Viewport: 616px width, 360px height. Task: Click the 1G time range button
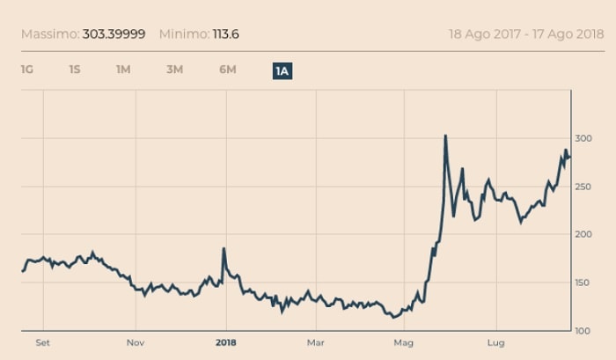click(26, 70)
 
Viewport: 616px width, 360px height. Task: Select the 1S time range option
click(75, 70)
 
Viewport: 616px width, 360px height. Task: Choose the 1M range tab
click(123, 70)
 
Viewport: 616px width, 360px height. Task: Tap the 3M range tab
click(174, 70)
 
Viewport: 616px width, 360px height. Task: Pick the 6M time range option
click(227, 70)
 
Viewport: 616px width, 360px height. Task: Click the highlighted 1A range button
click(282, 71)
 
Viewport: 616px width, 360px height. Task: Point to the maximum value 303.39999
click(114, 34)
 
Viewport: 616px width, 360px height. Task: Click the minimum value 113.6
click(226, 34)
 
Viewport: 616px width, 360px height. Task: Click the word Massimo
click(50, 34)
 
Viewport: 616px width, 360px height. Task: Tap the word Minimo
click(184, 34)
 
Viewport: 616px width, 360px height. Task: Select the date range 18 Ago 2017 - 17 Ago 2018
click(526, 34)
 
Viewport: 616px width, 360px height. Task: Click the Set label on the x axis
click(43, 343)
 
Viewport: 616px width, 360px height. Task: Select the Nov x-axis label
click(136, 343)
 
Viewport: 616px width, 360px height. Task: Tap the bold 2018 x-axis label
click(226, 343)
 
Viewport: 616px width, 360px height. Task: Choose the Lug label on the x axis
click(495, 343)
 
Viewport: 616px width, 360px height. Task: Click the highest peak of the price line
click(445, 136)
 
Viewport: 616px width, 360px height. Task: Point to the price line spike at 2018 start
click(224, 249)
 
